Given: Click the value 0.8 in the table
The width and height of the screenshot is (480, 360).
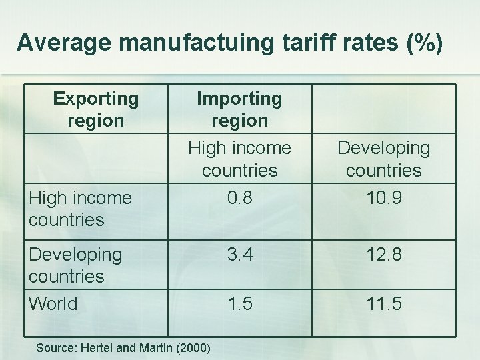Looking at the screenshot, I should [x=239, y=199].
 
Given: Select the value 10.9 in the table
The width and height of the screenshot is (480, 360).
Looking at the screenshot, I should [x=383, y=199].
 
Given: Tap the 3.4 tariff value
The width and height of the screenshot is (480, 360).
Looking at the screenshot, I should [x=239, y=255].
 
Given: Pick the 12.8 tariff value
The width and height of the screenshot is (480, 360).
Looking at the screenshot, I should [x=383, y=255].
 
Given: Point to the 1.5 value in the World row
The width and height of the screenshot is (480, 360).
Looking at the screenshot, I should [x=239, y=304].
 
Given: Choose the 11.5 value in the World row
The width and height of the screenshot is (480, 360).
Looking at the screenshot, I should [x=383, y=304].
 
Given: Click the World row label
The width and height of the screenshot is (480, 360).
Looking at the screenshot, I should [x=53, y=304].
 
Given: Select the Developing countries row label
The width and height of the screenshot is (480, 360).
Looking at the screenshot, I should [x=75, y=265].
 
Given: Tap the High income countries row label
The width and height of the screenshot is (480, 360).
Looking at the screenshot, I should [x=80, y=208].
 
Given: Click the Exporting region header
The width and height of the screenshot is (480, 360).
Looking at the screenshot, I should [x=96, y=109].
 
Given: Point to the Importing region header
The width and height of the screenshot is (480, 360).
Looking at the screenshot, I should [x=239, y=109].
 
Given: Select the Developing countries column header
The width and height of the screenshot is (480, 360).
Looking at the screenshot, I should [x=383, y=159].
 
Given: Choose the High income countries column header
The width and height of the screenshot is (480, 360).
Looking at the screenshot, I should [x=239, y=159].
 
